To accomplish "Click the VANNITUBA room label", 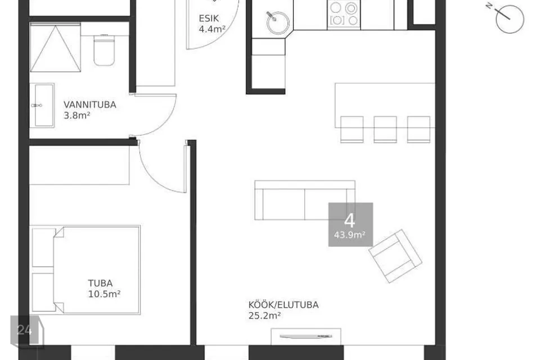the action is pos(90,105).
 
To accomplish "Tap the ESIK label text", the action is pos(209,18).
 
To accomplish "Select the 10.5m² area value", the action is pos(105,294).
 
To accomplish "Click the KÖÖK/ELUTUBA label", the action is pos(283,305).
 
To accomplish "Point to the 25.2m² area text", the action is pos(264,316).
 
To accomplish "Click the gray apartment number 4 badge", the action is pos(350,224).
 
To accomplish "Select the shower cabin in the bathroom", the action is pos(56,48).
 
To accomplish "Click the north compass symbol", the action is pos(508,18).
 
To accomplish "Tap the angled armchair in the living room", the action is pos(395,256).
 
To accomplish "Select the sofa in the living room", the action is pos(305,200).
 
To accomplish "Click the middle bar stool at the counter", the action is pos(385,129).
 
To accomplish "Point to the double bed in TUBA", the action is pos(86,270).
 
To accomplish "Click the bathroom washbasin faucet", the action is pos(37,105).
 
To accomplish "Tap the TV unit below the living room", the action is pos(306,336).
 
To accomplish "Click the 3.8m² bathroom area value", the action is pos(77,115).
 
